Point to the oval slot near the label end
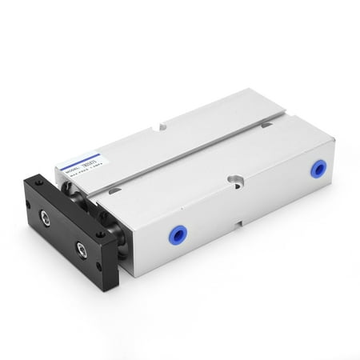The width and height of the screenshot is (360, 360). point(114,193)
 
